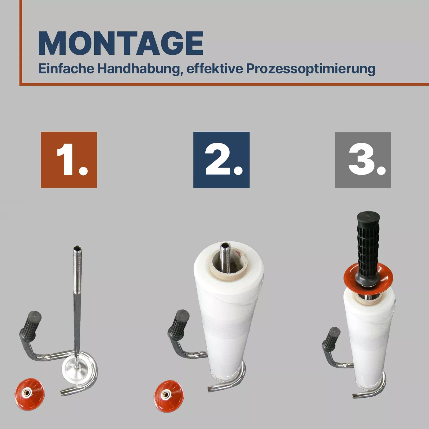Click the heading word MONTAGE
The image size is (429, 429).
coord(121,43)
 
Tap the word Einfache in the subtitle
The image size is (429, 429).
coord(66,69)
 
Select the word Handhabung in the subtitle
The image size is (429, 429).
coord(138,69)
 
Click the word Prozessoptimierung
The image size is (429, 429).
coord(310,69)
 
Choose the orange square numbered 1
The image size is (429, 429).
coord(69,160)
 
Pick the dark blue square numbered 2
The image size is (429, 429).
coord(221,160)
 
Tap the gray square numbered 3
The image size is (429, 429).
coord(363,160)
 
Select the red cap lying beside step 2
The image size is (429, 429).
coord(169,396)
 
